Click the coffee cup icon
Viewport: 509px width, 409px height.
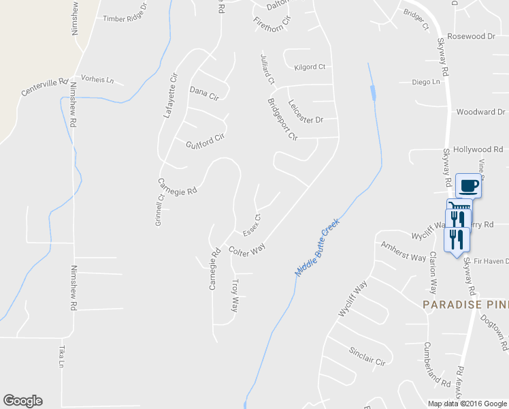pyautogui.click(x=469, y=185)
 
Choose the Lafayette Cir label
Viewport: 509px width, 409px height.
pyautogui.click(x=169, y=97)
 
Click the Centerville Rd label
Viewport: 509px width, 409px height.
pyautogui.click(x=46, y=86)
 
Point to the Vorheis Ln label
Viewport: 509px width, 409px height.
pyautogui.click(x=97, y=80)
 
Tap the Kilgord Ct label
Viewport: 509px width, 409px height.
pyautogui.click(x=310, y=67)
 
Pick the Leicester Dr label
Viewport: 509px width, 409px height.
pyautogui.click(x=305, y=111)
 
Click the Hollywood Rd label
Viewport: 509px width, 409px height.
pyautogui.click(x=478, y=149)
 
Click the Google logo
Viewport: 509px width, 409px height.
pyautogui.click(x=22, y=401)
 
